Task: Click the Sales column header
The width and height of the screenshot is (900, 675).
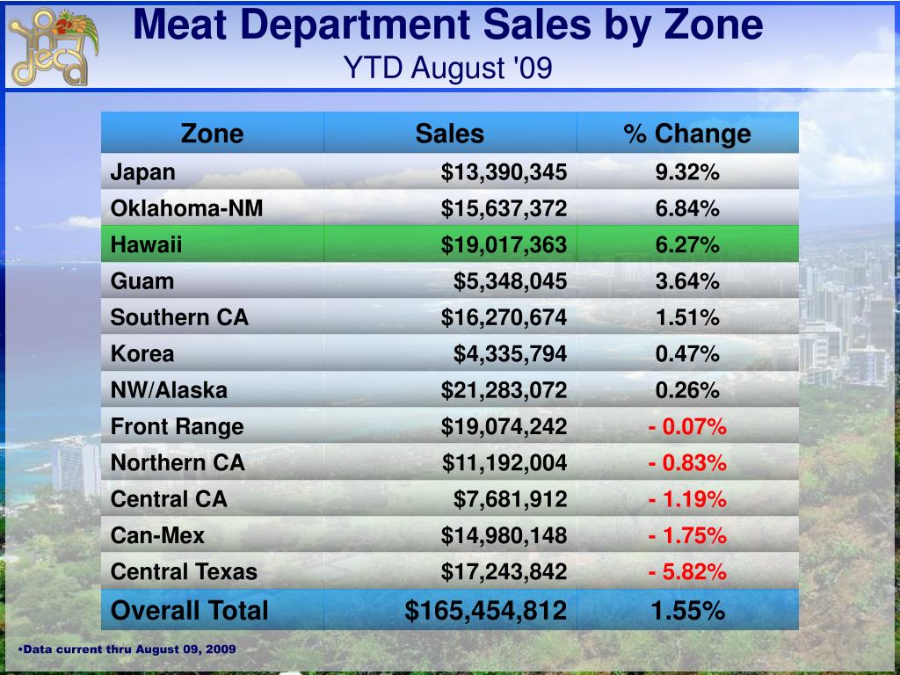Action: tap(449, 134)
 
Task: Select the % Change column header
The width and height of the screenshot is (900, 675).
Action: tap(687, 134)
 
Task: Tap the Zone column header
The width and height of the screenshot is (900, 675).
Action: tap(212, 134)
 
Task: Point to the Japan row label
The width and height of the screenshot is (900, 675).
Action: tap(142, 172)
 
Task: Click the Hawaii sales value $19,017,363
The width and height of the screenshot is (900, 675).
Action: tap(504, 245)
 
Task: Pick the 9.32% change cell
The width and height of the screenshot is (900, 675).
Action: tap(687, 172)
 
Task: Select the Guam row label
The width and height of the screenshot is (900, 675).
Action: tap(142, 281)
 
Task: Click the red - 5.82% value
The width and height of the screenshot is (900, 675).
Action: tap(687, 572)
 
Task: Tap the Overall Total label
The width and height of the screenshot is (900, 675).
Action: tap(189, 610)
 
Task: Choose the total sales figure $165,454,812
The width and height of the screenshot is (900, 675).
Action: tap(485, 610)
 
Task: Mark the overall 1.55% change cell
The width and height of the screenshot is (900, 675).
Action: tap(687, 610)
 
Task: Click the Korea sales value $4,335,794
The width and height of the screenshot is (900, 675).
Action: tap(510, 354)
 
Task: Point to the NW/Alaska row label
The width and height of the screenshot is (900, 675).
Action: tap(168, 390)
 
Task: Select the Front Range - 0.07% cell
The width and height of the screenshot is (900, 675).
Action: tap(687, 427)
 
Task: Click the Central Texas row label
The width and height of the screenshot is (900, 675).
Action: tap(184, 572)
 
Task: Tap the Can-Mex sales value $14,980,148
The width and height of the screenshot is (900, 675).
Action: tap(504, 535)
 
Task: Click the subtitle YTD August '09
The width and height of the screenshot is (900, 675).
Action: tap(448, 68)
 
